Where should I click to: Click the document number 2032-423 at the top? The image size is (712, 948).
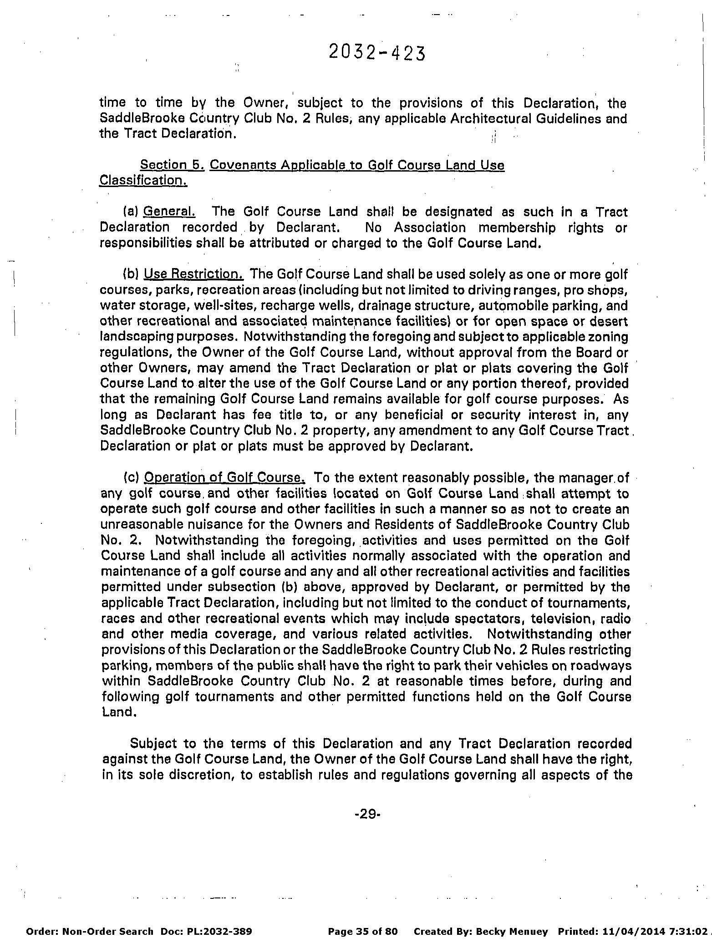click(x=376, y=53)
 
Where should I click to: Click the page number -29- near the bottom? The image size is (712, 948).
click(x=367, y=814)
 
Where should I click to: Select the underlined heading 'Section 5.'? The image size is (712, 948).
click(x=173, y=165)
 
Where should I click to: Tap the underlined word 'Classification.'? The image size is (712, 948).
click(x=143, y=181)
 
